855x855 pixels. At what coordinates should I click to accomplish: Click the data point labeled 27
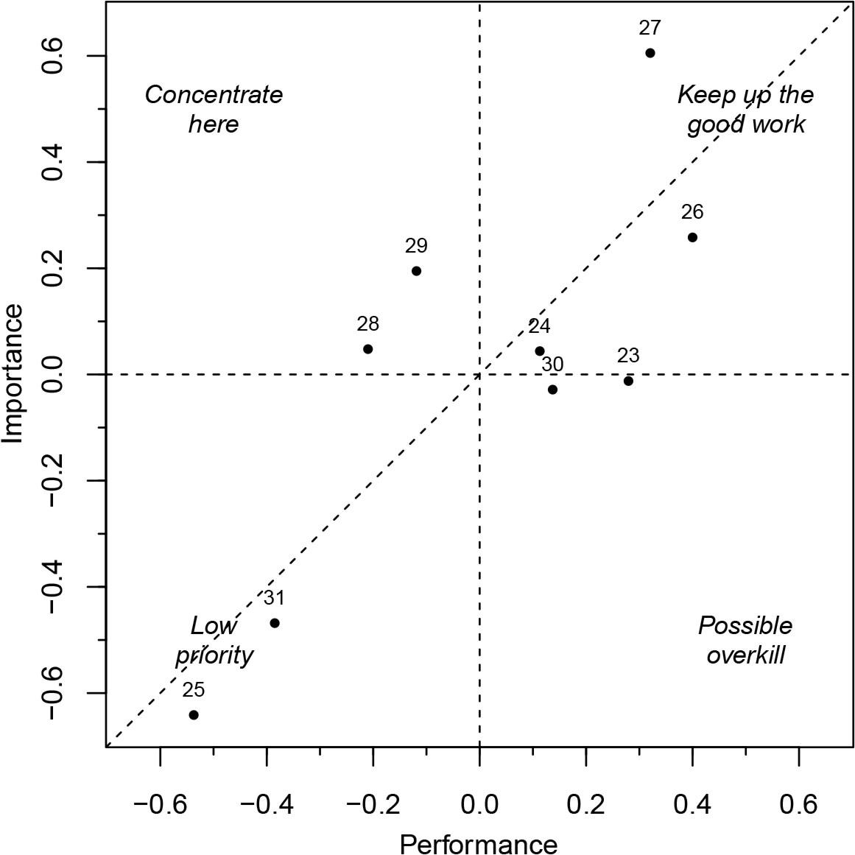point(650,53)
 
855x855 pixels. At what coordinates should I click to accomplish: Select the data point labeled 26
point(692,237)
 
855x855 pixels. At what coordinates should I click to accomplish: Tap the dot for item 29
point(416,271)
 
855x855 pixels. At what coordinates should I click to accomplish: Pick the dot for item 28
point(367,349)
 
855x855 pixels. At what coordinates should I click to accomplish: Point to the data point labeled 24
point(539,351)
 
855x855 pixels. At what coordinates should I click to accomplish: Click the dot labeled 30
point(552,390)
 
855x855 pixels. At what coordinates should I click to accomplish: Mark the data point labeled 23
point(628,381)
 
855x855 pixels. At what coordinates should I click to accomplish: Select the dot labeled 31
point(275,623)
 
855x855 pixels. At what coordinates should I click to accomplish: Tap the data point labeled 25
point(194,715)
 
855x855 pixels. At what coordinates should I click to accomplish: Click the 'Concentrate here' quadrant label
point(214,109)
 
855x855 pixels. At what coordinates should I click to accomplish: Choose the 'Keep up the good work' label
point(745,109)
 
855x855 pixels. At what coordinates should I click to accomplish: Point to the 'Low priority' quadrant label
point(214,640)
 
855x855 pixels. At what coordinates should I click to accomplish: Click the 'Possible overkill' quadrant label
point(745,640)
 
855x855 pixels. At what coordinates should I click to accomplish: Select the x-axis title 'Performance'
point(479,842)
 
